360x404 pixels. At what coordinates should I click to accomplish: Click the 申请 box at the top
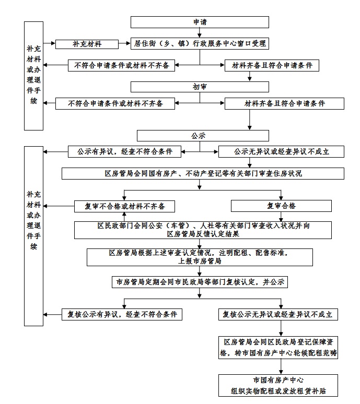[200, 22]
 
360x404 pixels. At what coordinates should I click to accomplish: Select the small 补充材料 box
[87, 44]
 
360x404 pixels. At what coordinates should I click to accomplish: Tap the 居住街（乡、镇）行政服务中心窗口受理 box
[200, 44]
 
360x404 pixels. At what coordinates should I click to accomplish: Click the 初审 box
[200, 87]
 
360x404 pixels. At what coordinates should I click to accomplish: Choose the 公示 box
[200, 135]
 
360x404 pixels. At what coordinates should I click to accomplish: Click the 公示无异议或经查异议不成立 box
[281, 151]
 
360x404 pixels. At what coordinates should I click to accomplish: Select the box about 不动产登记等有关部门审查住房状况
[203, 173]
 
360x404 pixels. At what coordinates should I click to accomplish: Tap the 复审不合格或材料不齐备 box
[124, 206]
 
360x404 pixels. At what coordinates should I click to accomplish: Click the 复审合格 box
[281, 206]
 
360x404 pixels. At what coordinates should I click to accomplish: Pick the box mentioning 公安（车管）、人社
[203, 230]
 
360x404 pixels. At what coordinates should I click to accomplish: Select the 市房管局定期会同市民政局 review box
[200, 282]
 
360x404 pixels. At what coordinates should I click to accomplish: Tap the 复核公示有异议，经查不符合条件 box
[122, 314]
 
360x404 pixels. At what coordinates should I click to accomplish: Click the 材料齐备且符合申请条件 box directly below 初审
[284, 103]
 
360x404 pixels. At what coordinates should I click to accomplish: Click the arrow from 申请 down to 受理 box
[199, 33]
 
